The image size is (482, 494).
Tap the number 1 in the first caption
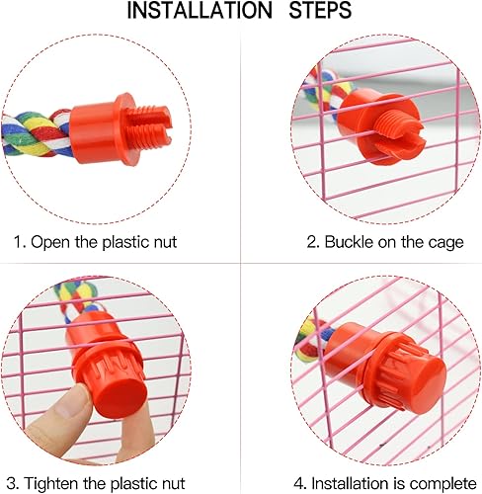[18, 241]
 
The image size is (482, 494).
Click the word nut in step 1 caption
[164, 241]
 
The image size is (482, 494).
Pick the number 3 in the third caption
[18, 484]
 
